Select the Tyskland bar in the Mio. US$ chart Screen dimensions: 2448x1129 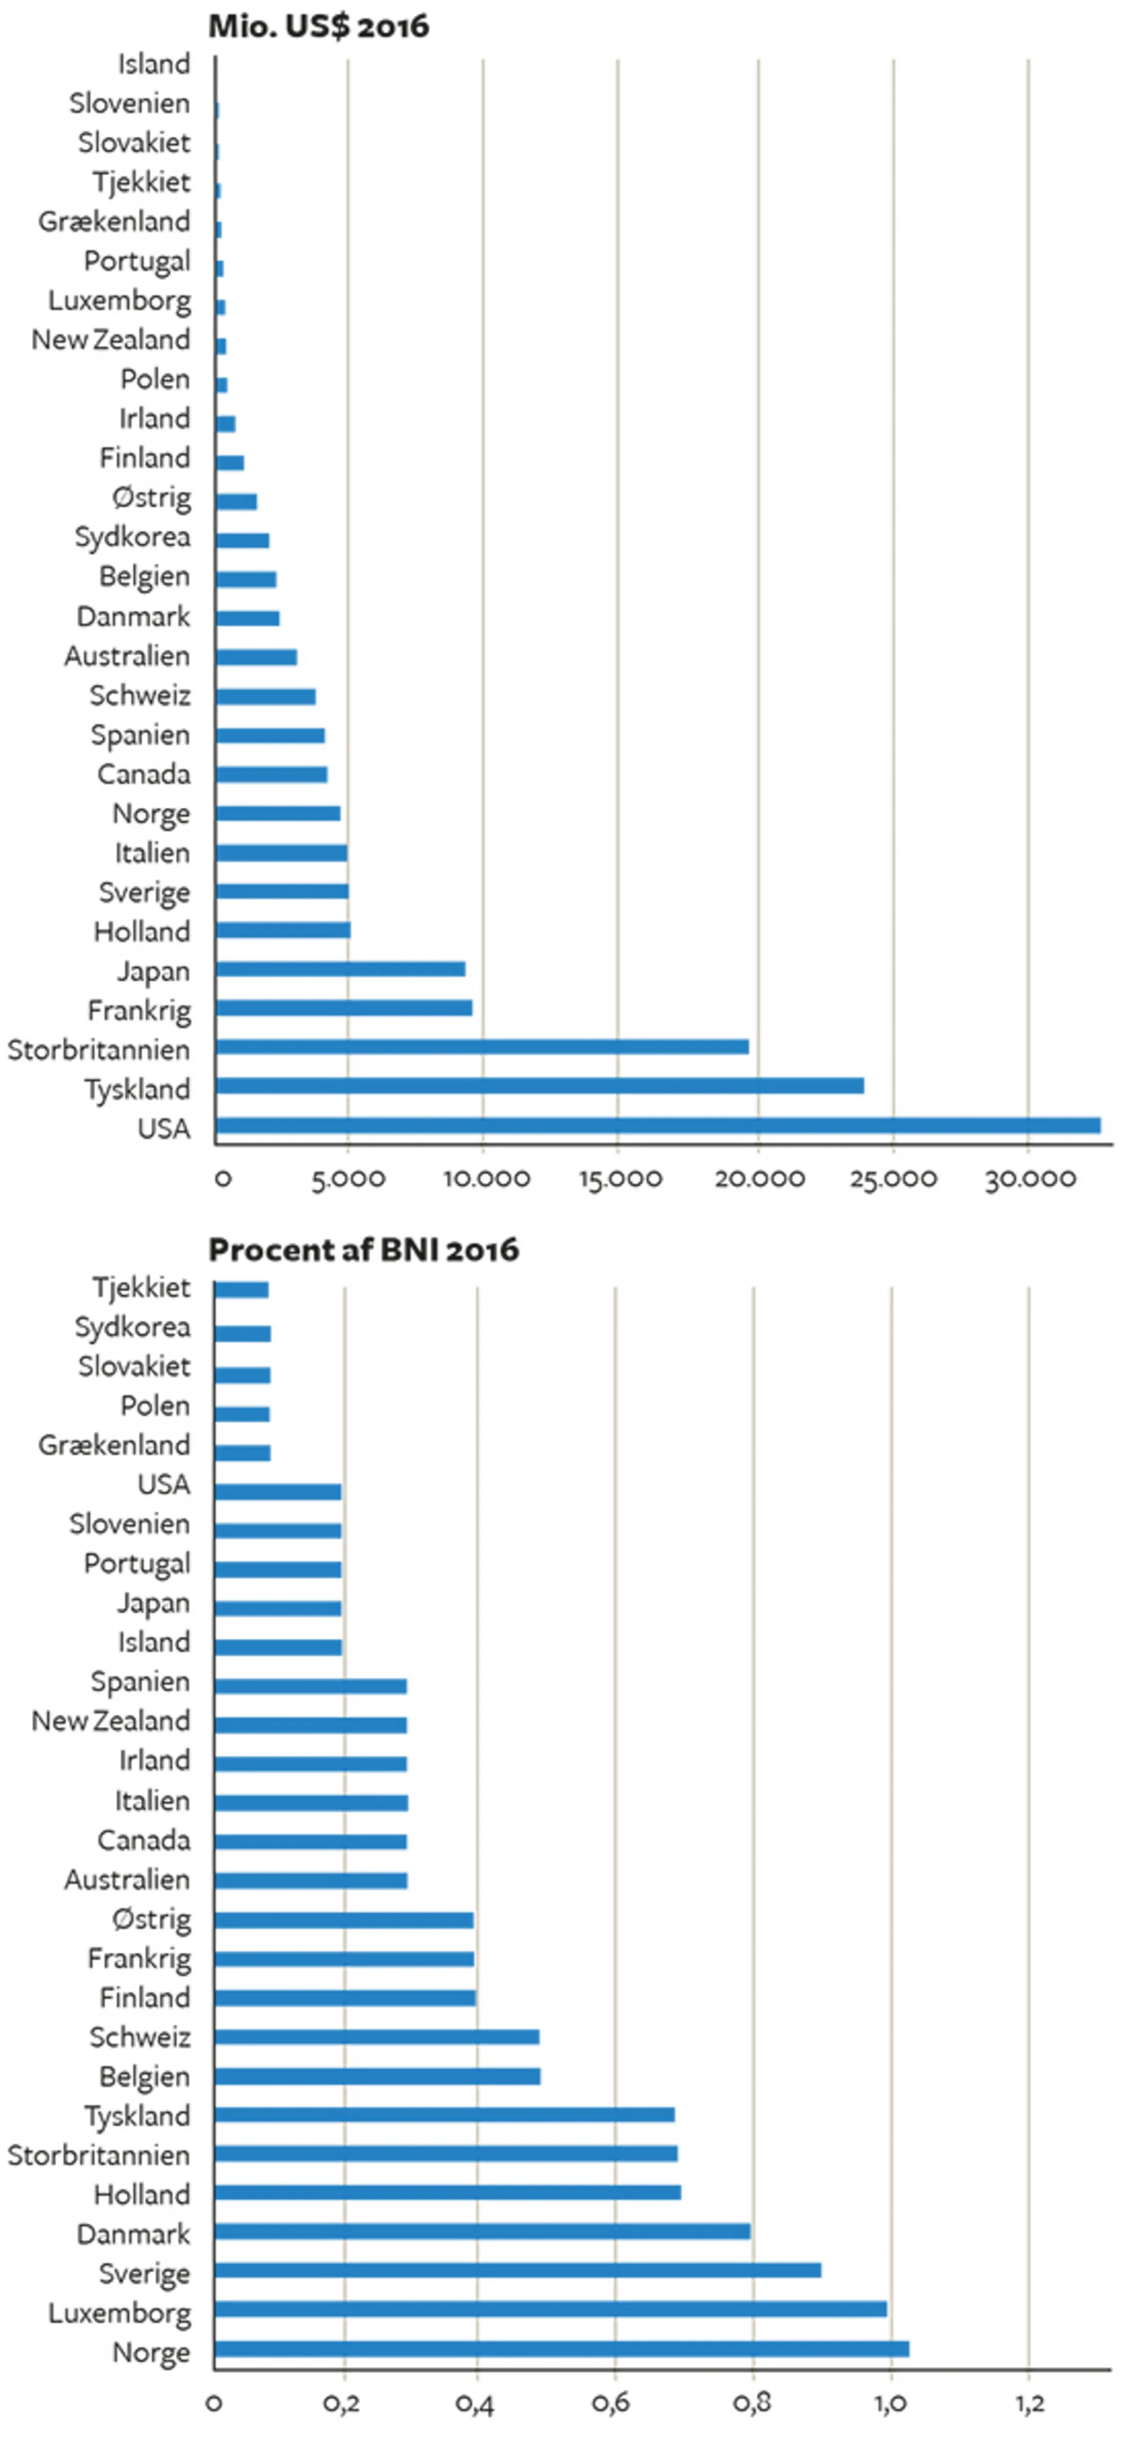[539, 1085]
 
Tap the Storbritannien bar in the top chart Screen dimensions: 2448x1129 [482, 1046]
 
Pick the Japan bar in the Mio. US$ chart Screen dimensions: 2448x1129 [340, 968]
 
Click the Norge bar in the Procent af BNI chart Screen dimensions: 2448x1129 [562, 2348]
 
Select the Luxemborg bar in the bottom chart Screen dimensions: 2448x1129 [550, 2308]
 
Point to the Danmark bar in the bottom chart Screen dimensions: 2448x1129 [482, 2230]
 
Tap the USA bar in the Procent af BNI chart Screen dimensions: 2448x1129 [278, 1491]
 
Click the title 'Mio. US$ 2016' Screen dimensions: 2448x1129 [318, 25]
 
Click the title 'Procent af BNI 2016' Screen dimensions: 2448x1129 [363, 1249]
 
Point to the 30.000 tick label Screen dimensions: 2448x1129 [1029, 1179]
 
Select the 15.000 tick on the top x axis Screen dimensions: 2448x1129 [620, 1179]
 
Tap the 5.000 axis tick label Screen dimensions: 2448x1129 [348, 1179]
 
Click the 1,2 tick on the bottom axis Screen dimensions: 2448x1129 [1029, 2403]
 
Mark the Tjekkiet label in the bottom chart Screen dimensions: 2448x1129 [141, 1288]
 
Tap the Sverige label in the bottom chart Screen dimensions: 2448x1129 [145, 2273]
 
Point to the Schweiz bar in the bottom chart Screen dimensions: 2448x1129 [377, 2037]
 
